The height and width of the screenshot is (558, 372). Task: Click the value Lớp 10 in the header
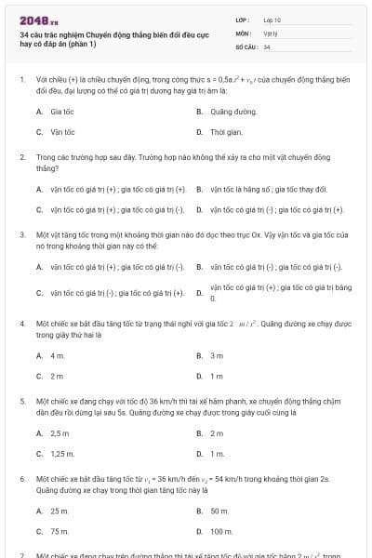point(272,19)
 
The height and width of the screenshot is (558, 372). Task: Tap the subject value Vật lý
point(270,33)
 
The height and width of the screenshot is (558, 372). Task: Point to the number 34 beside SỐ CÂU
point(267,46)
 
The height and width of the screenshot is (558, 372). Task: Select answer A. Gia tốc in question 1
point(56,111)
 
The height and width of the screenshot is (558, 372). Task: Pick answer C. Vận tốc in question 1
point(57,132)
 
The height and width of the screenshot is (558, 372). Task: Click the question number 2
point(22,158)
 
